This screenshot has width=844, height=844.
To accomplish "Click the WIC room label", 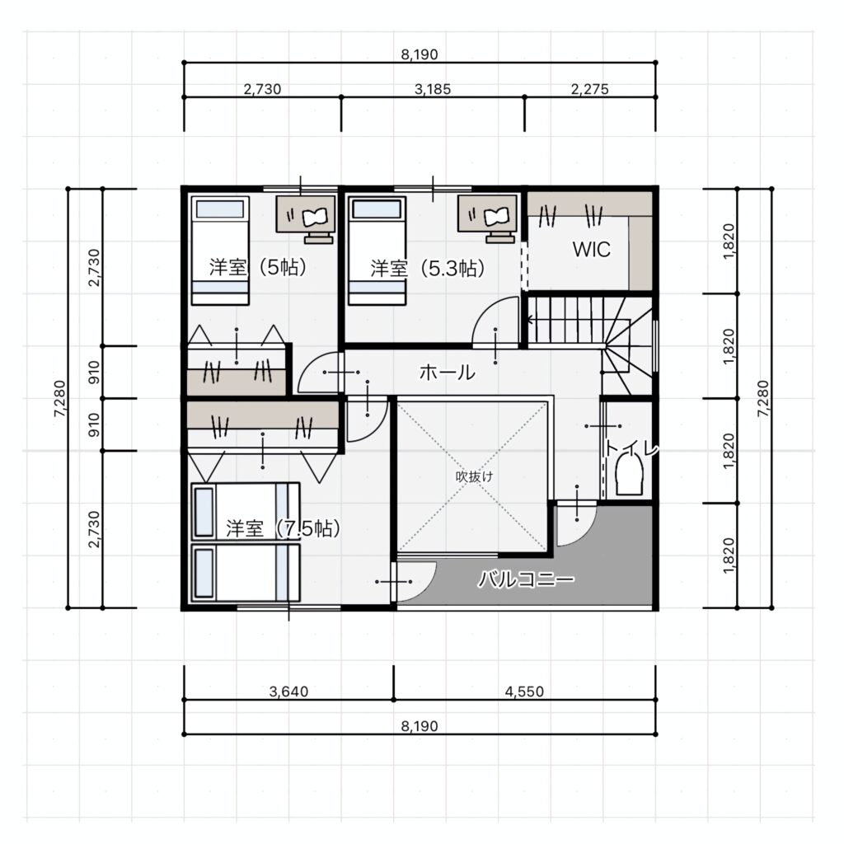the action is click(x=591, y=249).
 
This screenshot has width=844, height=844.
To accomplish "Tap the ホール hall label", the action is click(x=447, y=372).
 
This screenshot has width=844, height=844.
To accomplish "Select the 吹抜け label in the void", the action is click(x=474, y=476).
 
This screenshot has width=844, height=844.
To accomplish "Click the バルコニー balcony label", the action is click(x=527, y=579).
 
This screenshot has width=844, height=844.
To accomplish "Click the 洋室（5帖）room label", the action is click(x=257, y=267).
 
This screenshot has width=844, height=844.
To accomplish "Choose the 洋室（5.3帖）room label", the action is click(x=427, y=268).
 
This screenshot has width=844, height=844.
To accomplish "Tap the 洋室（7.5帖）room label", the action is click(x=283, y=528).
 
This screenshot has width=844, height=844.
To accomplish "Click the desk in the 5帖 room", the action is click(x=305, y=214).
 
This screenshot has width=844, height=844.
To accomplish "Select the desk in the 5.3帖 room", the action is click(x=487, y=214).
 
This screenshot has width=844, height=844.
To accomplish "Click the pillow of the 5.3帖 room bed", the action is click(x=377, y=209).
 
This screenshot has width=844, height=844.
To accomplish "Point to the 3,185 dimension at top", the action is click(x=432, y=89).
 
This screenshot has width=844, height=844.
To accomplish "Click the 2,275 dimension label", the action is click(x=590, y=89).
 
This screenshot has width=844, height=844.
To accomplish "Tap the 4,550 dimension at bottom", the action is click(x=524, y=692).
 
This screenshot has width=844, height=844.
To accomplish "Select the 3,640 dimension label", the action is click(x=288, y=692).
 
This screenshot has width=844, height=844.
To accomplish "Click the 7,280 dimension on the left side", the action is click(x=59, y=398).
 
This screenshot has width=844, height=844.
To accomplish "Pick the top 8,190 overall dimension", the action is click(x=420, y=54).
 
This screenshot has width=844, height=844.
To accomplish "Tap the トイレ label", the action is click(x=631, y=448).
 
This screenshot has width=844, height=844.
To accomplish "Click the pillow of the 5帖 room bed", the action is click(x=219, y=209).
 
